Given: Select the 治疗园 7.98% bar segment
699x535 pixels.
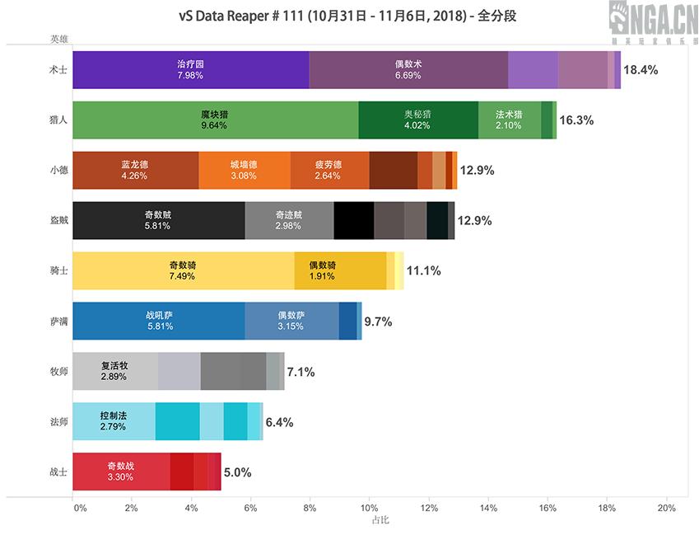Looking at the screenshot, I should pos(190,69).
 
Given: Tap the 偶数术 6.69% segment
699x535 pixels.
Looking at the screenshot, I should pos(408,69).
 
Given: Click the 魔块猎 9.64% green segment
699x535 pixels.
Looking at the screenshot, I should pos(215,120).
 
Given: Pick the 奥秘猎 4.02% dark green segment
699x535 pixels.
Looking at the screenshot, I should pos(417,120).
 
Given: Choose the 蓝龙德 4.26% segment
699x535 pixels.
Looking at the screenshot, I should pos(135,170).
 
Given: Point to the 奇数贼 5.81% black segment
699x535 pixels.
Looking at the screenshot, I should pos(158,220).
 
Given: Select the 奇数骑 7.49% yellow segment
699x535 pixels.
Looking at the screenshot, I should pos(183,271).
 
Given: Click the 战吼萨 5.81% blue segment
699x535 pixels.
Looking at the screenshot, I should pos(158,321).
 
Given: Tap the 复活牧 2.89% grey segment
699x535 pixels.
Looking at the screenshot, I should pos(114,372).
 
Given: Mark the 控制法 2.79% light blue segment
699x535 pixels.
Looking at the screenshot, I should pos(114,422).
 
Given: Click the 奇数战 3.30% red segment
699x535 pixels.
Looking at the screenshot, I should pos(121,472).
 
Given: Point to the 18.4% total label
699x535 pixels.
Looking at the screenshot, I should pos(641,70).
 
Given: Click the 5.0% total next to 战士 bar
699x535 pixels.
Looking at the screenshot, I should pos(237,473).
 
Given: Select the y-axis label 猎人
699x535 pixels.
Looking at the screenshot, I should pos(58,120).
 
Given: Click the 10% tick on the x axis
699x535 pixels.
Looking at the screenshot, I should pos(369,509).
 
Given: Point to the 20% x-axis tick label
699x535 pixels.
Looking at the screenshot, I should pos(665,509).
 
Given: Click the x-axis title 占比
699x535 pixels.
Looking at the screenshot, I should pos(380,521).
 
